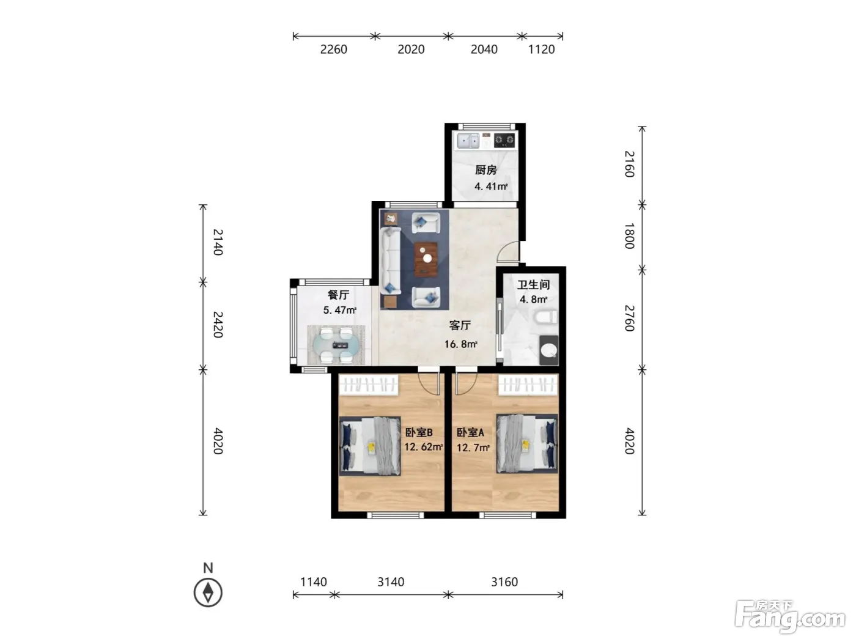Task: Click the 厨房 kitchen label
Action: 485,170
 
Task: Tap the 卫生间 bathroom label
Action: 533,284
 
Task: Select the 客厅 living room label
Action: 460,325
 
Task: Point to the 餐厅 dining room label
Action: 338,295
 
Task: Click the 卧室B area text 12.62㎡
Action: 423,447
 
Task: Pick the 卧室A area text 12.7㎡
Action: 473,448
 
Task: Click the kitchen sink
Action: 468,141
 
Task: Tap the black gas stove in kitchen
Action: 504,141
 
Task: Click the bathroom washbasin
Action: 548,350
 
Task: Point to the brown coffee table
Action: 426,259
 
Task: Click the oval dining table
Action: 336,345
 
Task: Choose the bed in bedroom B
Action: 370,446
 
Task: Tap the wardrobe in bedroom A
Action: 528,385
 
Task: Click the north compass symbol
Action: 208,592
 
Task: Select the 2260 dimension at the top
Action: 333,50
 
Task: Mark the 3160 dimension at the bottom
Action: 504,582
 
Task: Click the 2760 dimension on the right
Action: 629,318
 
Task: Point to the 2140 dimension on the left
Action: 218,242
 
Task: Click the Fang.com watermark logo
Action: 790,618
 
